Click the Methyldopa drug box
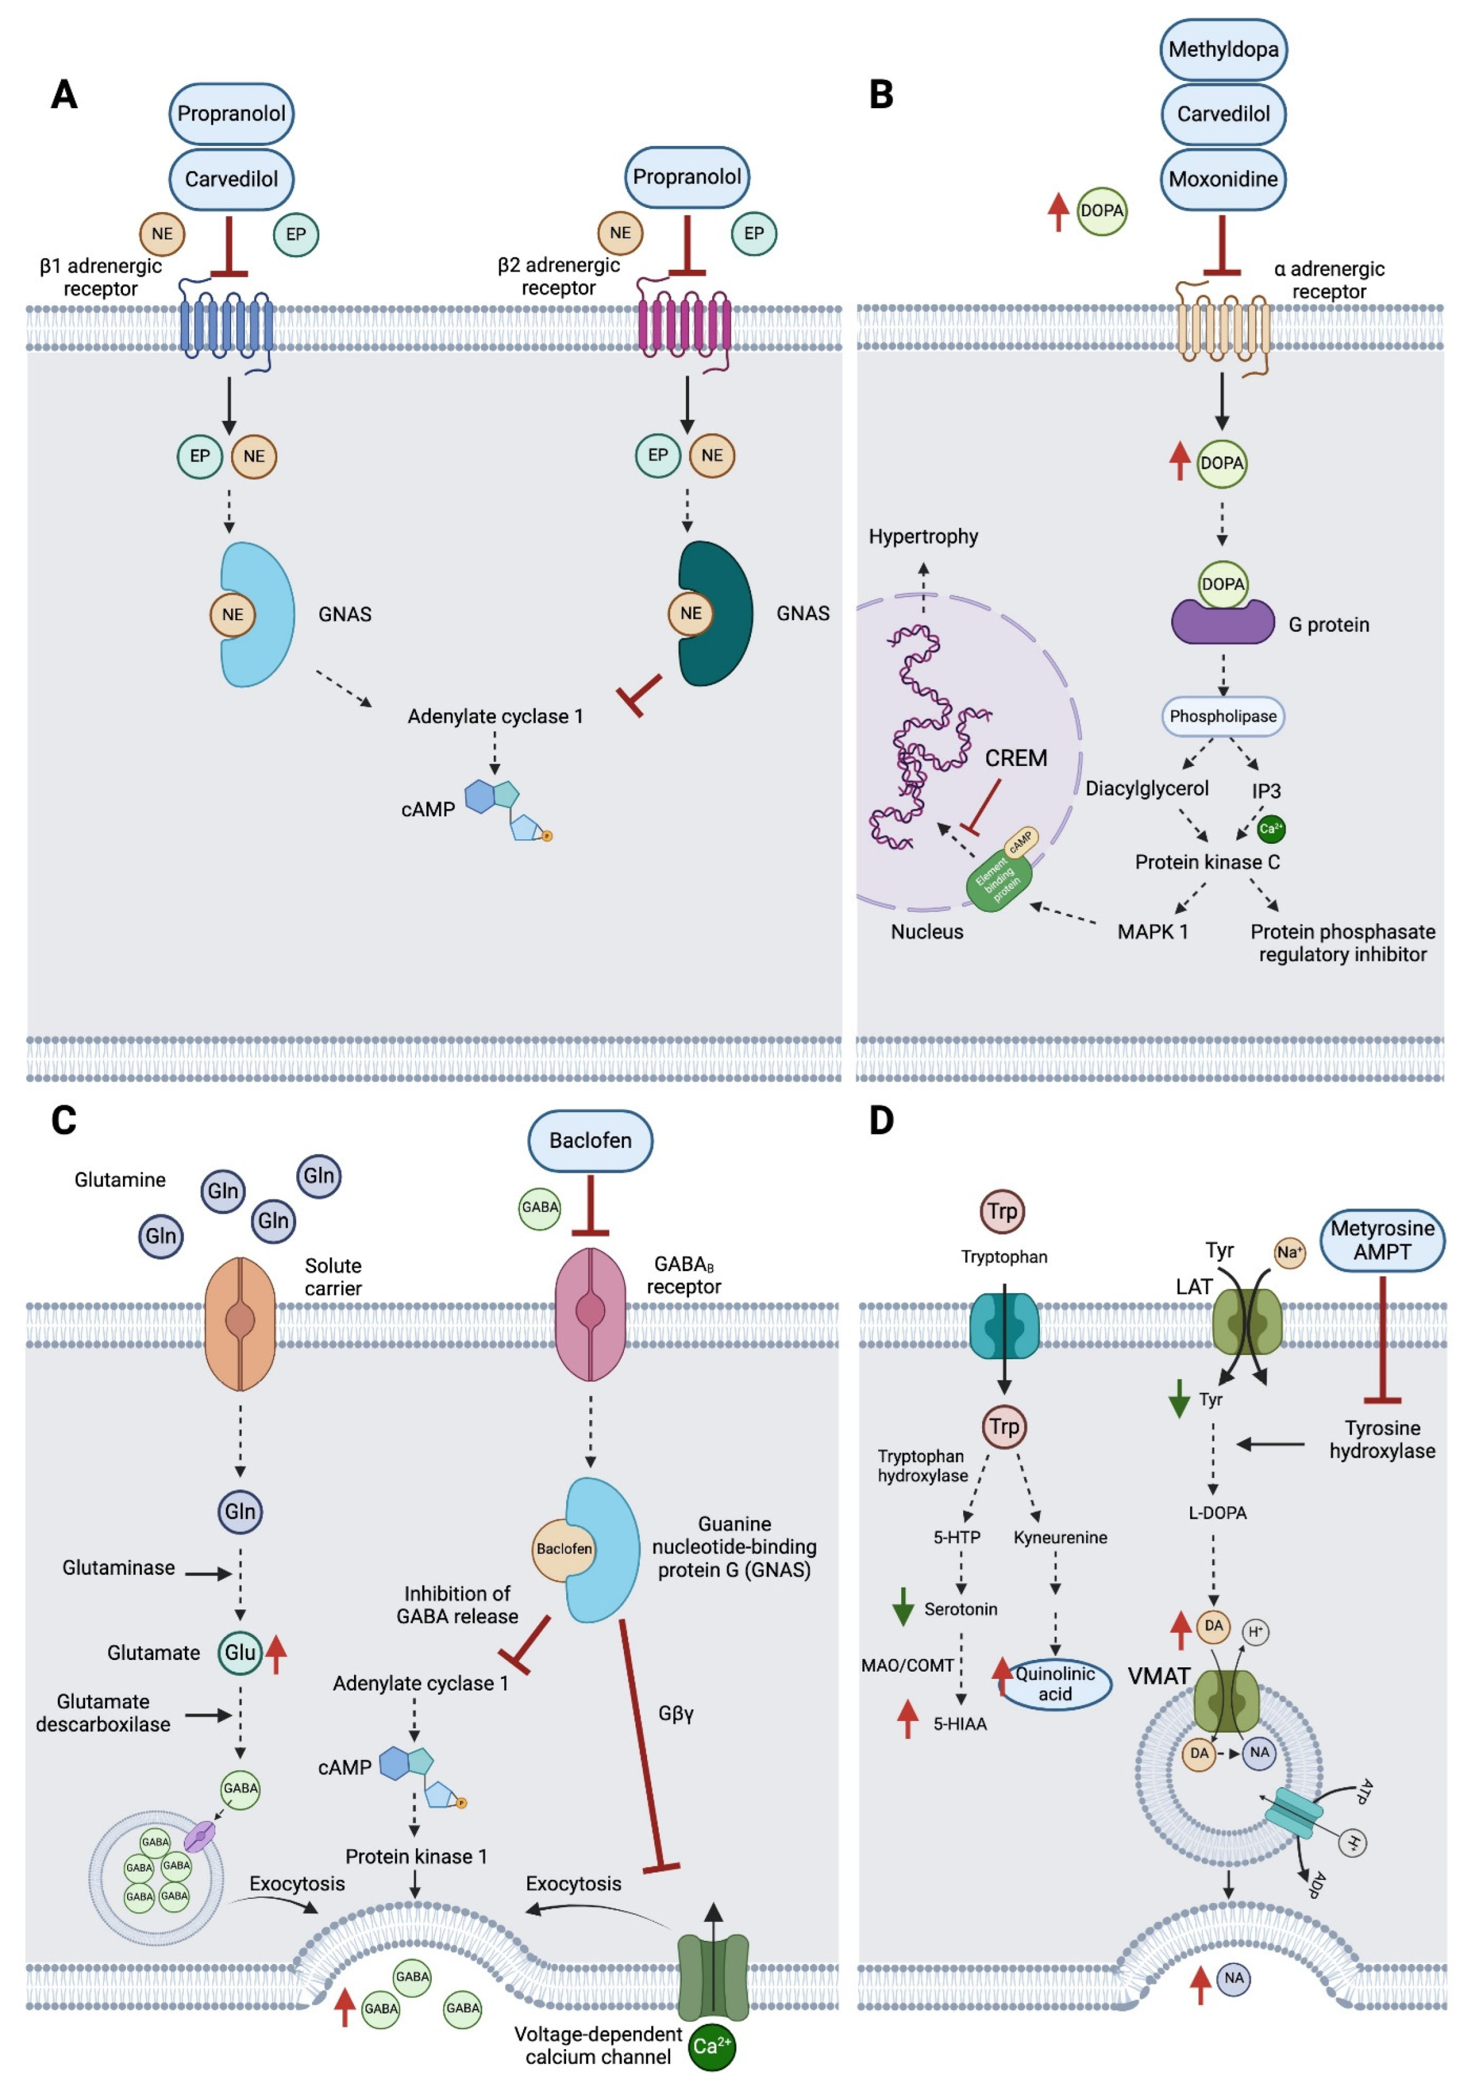click(1223, 49)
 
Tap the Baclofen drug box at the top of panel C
click(590, 1140)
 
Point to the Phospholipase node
click(1223, 716)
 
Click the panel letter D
click(881, 1120)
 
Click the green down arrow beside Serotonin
click(903, 1607)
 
